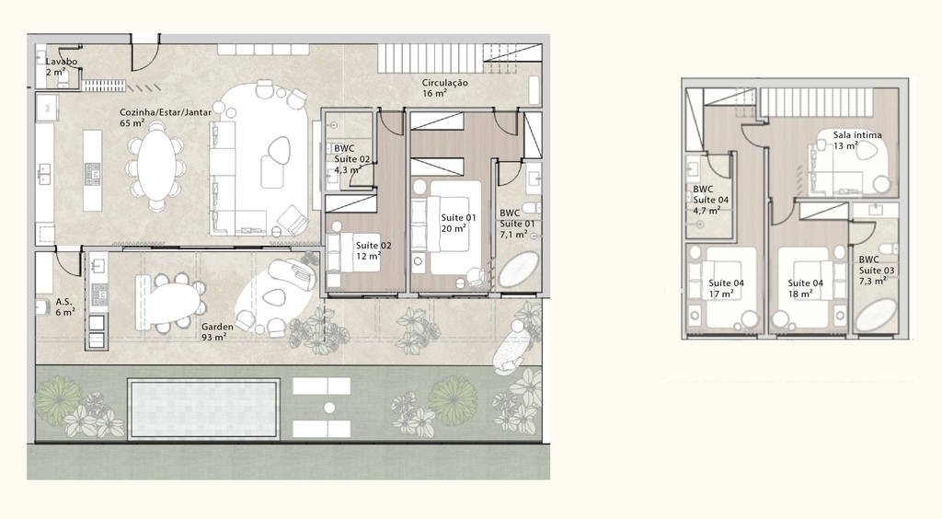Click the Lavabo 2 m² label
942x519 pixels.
click(62, 66)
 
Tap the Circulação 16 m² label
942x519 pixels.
click(445, 87)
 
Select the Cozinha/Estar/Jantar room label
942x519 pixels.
click(166, 117)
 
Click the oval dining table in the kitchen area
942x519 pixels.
click(154, 167)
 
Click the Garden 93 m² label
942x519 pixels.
click(217, 331)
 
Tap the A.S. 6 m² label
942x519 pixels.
click(64, 306)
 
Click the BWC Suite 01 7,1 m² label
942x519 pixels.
click(517, 223)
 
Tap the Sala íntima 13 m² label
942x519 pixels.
click(856, 140)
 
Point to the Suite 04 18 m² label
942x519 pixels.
click(806, 288)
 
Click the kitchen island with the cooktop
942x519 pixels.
click(92, 170)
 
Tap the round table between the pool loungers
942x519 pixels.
click(328, 407)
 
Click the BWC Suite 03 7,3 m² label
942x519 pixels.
click(875, 271)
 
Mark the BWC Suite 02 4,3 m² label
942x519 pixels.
click(351, 159)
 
